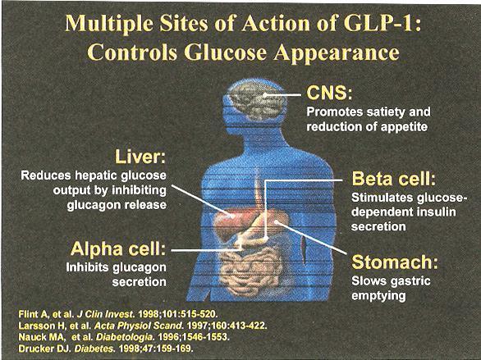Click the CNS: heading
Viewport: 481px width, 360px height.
pos(329,93)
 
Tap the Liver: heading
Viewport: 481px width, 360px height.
pos(140,157)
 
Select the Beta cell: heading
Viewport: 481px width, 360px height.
pos(393,179)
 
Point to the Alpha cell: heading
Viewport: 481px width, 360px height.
pos(118,248)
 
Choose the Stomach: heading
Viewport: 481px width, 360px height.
pos(395,262)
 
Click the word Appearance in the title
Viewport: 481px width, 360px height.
pos(337,52)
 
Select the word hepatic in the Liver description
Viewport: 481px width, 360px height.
pos(96,175)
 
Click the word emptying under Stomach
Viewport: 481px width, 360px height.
pos(378,296)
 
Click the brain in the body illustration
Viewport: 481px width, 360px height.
pos(257,101)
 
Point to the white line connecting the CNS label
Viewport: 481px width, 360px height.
pos(283,95)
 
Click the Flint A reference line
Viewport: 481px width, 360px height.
pos(118,314)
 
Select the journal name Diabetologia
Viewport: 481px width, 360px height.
pos(125,337)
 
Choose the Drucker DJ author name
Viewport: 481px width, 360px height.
pos(45,349)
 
